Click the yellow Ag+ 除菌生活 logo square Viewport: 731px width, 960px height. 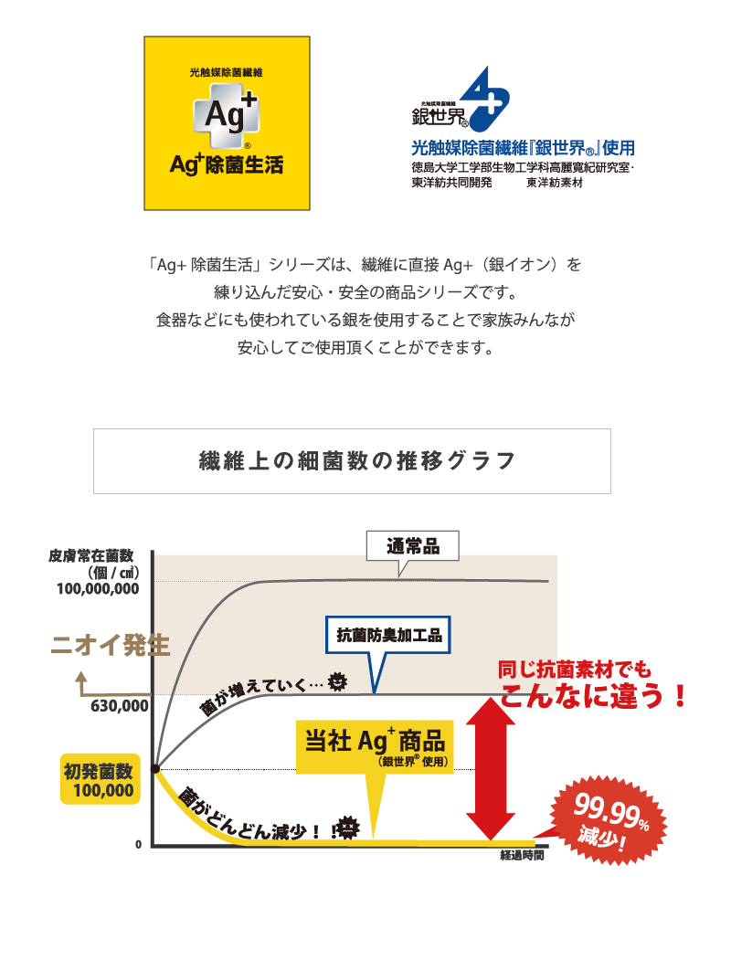click(228, 123)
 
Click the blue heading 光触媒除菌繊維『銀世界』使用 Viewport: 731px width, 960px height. click(523, 148)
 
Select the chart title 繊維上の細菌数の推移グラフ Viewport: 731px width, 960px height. click(357, 461)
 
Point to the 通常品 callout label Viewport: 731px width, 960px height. click(413, 546)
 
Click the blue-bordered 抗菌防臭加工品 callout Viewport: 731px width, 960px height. click(388, 635)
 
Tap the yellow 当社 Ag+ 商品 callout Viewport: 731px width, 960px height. click(375, 746)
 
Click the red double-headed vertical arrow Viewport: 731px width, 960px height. click(491, 769)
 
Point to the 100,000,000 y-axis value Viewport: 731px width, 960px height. click(98, 589)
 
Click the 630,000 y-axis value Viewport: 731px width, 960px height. click(120, 706)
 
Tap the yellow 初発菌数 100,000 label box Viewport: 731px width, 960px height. click(100, 779)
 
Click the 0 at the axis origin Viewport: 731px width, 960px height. click(138, 844)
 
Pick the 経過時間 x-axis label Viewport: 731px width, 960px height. click(523, 855)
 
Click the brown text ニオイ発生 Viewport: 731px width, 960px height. click(111, 645)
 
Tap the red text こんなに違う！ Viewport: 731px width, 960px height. click(594, 696)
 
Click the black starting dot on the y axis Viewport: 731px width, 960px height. click(156, 768)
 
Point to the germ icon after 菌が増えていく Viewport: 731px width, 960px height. click(337, 680)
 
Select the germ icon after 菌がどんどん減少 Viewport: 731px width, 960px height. click(348, 828)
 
